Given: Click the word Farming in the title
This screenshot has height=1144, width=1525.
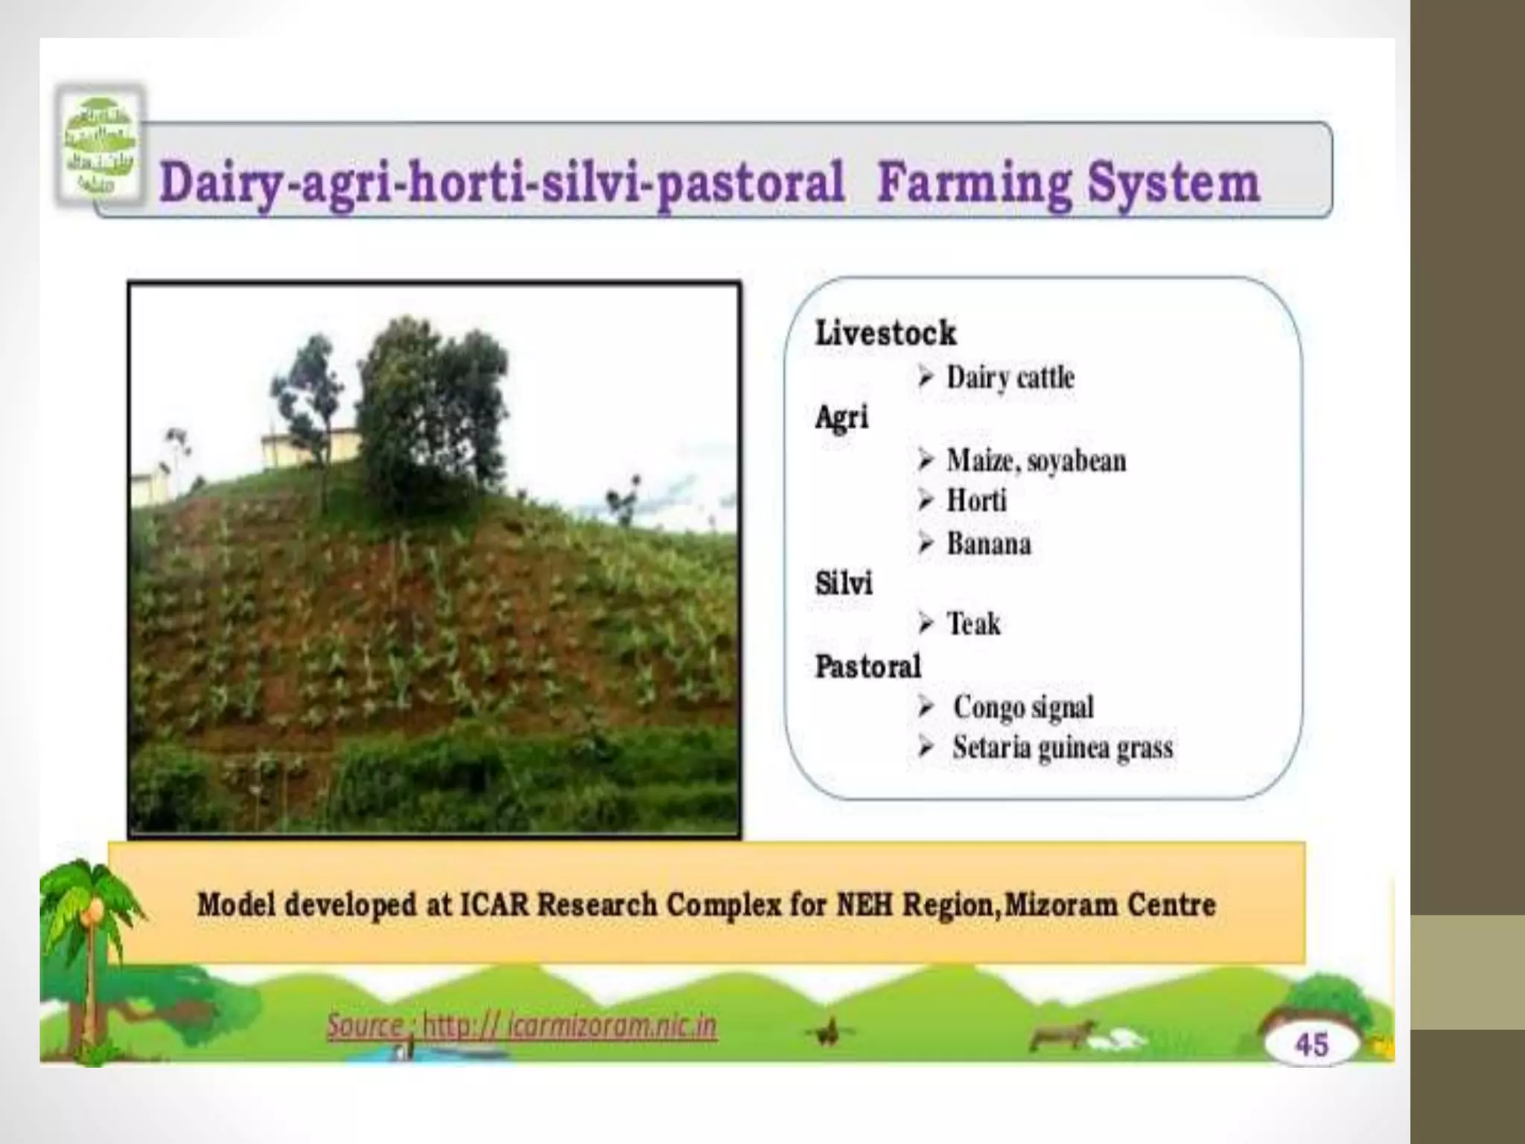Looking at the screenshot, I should [x=973, y=182].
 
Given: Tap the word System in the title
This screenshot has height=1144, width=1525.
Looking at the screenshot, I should [x=1174, y=182].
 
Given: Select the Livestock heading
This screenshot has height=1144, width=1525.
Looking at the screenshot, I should [x=885, y=333].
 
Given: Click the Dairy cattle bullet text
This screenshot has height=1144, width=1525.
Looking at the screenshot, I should [x=1010, y=378].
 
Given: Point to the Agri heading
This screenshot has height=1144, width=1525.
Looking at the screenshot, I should [x=841, y=418].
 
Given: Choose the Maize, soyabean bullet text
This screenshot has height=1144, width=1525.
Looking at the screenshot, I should [x=1036, y=461].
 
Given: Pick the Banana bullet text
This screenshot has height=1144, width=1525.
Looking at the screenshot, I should [x=989, y=544].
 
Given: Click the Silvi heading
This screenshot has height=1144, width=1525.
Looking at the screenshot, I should [x=843, y=583].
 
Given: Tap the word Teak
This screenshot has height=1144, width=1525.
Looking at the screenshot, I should [x=973, y=623].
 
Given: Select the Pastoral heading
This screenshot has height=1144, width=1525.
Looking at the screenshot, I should [x=867, y=667].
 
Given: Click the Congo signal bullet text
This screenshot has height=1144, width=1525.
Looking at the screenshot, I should [x=1023, y=707].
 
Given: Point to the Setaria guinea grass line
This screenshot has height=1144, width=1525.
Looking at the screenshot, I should [x=1062, y=748].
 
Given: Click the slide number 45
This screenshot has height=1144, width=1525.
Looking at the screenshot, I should [x=1311, y=1044].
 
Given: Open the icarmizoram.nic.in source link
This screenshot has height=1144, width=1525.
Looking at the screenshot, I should [x=521, y=1026].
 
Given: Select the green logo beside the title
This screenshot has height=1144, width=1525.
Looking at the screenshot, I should [x=100, y=146].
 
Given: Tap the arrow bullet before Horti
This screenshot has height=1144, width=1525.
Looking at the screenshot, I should [x=926, y=500].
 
